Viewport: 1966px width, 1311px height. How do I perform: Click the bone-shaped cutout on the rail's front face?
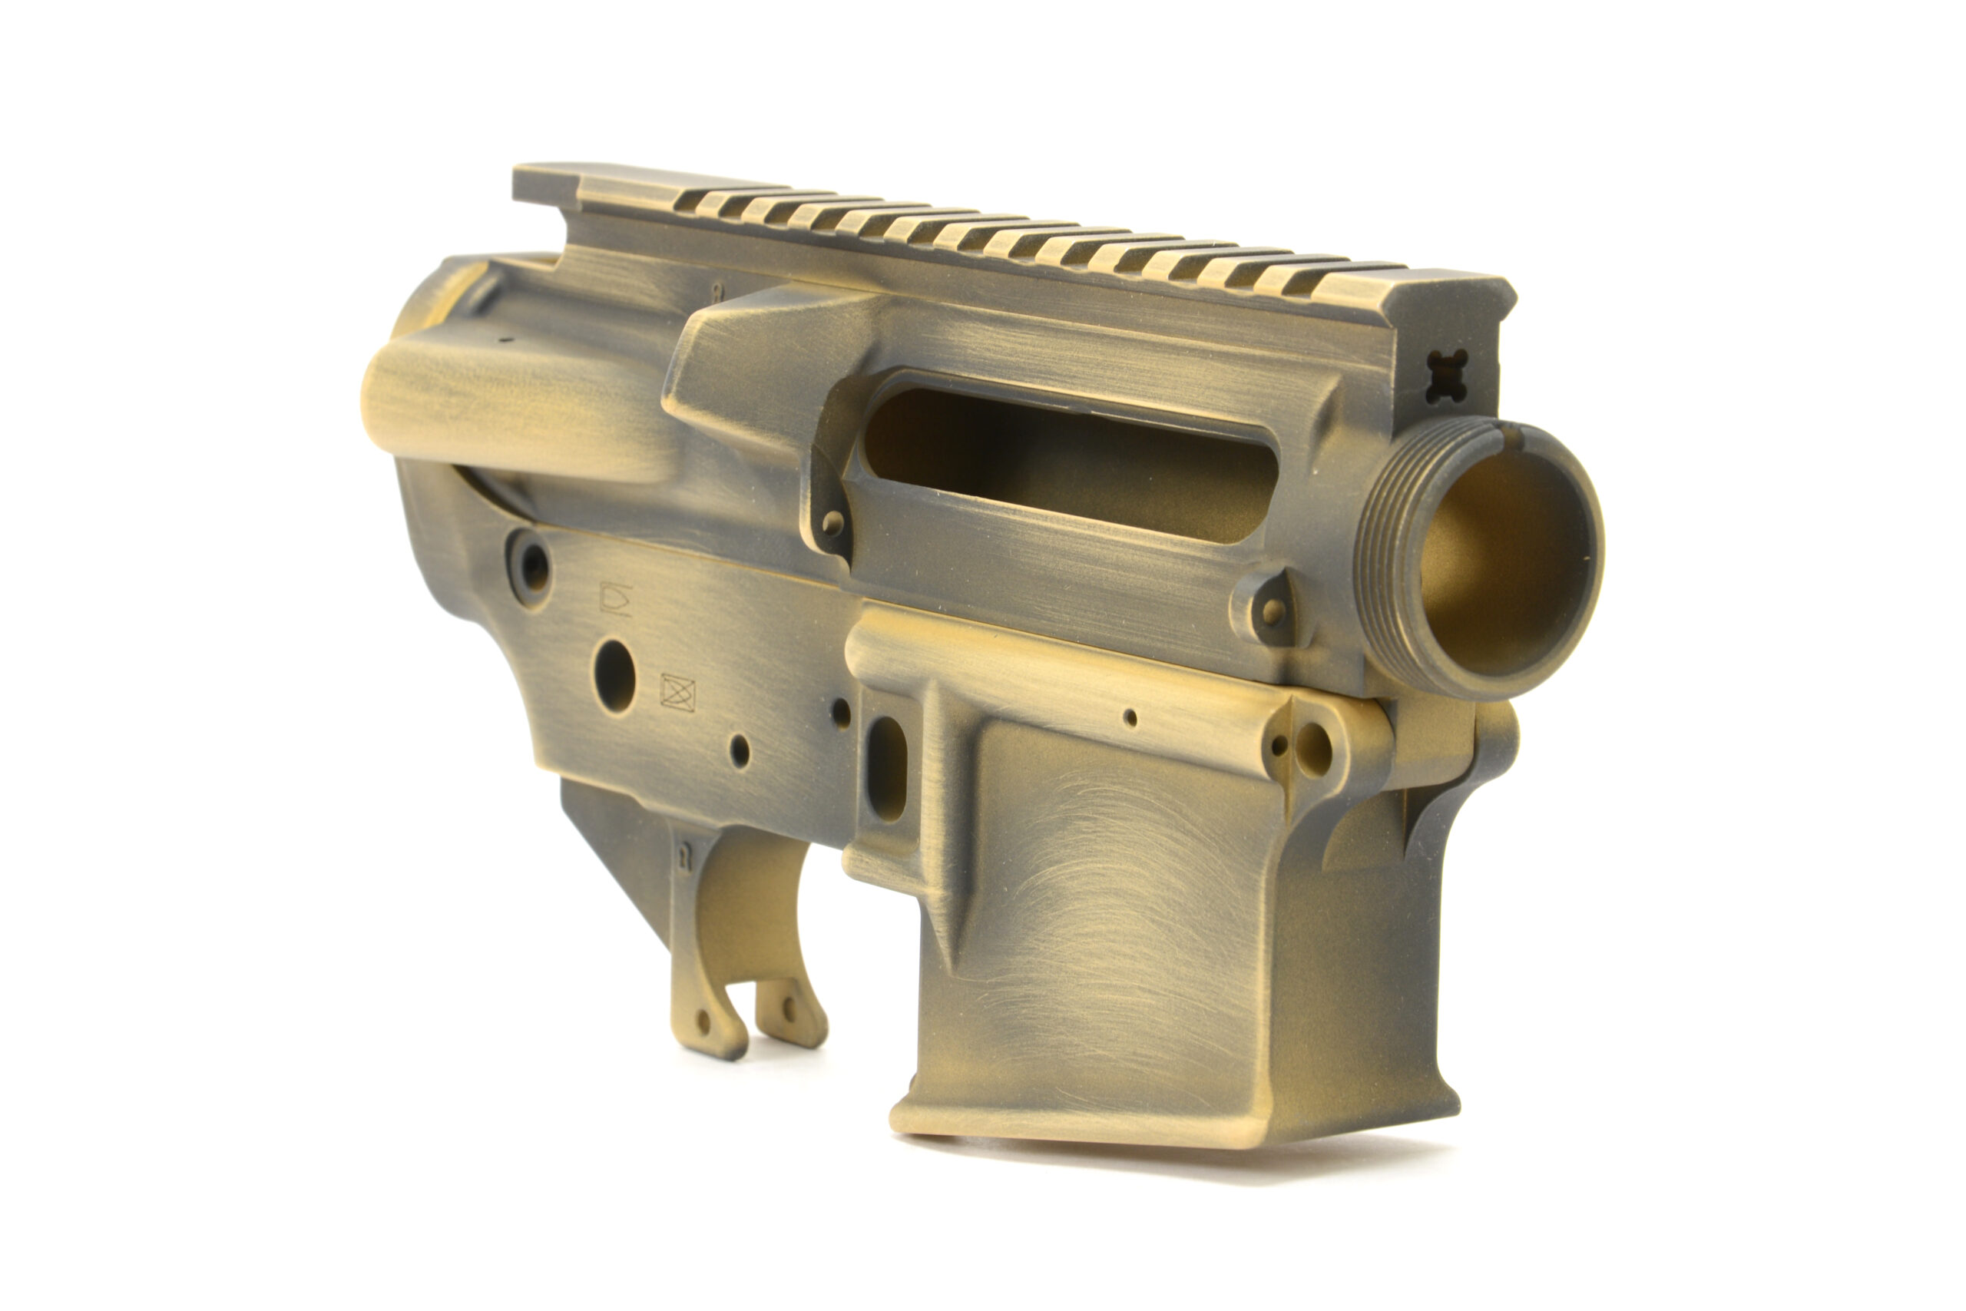coord(1447,376)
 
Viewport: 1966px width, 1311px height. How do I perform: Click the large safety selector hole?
coord(614,677)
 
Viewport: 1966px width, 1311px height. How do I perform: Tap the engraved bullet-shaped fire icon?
coord(615,598)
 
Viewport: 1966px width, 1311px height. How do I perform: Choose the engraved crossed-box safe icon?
coord(678,693)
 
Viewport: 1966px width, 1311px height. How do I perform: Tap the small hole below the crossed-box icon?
coord(740,750)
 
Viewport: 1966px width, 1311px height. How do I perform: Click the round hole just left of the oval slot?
coord(841,713)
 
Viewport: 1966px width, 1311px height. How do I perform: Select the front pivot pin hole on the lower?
coord(1313,748)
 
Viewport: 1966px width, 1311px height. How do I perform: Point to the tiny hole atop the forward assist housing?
coord(504,341)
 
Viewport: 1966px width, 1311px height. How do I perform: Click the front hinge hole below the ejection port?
coord(1273,611)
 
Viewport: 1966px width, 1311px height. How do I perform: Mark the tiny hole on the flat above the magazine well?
coord(1130,717)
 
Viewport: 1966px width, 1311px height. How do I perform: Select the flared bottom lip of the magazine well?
coord(1170,1116)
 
